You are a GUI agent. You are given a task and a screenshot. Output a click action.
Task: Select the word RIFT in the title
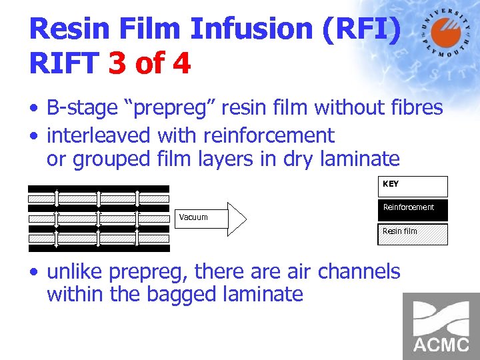coord(63,64)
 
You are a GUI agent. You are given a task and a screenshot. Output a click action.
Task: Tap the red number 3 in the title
coord(117,64)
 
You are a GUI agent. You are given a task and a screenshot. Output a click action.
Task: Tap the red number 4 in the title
coord(180,64)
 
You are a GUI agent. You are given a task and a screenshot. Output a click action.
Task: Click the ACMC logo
coord(441,326)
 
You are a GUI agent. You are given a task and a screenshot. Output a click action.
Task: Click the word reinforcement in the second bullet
coord(269,135)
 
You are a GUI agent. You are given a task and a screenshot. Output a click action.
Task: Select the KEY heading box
coord(413,186)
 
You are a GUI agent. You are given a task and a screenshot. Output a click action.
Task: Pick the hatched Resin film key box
coord(413,234)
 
